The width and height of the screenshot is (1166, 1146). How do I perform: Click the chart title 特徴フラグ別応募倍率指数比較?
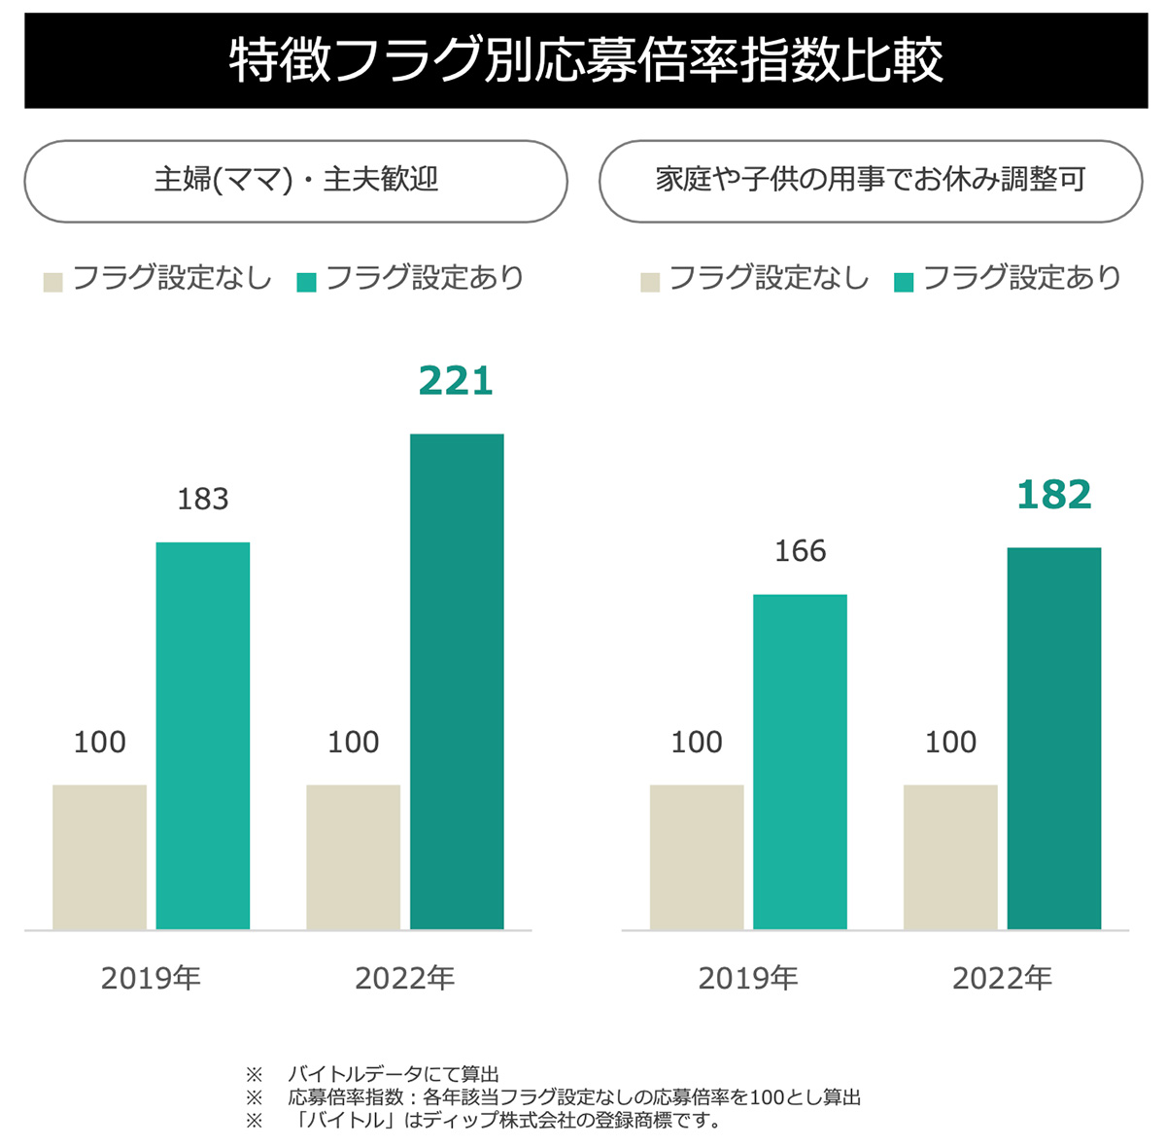[x=586, y=60]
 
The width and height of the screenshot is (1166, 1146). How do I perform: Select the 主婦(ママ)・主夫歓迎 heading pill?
[x=295, y=181]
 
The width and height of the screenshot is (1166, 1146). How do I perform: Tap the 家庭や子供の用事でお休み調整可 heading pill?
[x=871, y=181]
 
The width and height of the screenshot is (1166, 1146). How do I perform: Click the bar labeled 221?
[x=457, y=680]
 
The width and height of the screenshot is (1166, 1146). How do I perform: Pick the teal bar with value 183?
[x=203, y=735]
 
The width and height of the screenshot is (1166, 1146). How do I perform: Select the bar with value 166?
[x=800, y=761]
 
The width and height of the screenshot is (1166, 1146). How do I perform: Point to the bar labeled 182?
[x=1053, y=738]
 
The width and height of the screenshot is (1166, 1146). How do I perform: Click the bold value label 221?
[x=456, y=381]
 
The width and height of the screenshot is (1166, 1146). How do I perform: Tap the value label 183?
[x=203, y=499]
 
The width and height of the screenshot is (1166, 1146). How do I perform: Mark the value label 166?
[x=800, y=551]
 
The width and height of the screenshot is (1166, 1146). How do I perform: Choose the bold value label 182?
[x=1053, y=495]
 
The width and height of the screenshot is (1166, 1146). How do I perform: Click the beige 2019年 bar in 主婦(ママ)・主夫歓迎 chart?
[x=100, y=856]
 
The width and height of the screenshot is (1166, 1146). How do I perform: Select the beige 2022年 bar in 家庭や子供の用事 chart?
[x=950, y=856]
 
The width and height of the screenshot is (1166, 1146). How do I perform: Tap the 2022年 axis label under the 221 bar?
[x=405, y=978]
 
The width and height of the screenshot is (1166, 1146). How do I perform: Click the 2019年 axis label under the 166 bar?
[x=748, y=978]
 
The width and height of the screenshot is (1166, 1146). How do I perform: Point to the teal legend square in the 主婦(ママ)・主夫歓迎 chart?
[x=307, y=282]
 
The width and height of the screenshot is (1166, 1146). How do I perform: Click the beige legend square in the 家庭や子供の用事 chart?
[x=650, y=282]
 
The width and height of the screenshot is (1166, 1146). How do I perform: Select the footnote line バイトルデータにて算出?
[x=393, y=1074]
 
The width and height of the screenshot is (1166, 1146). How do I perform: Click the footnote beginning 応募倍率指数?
[x=573, y=1097]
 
